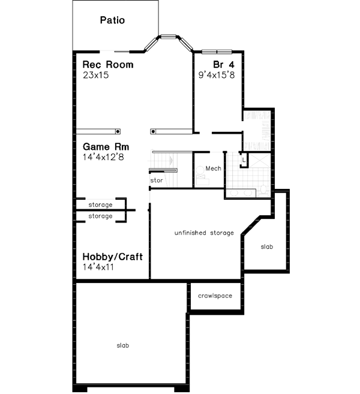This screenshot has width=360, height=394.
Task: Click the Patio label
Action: click(112, 20)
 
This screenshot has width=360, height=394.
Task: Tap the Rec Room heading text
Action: click(107, 65)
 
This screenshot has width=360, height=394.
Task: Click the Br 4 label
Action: click(222, 65)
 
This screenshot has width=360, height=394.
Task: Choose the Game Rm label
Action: click(106, 146)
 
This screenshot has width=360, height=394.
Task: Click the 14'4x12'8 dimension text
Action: click(106, 157)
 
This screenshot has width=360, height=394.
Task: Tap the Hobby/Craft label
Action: click(113, 257)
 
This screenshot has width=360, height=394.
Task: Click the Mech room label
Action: click(214, 169)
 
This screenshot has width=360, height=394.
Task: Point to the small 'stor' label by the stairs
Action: click(157, 179)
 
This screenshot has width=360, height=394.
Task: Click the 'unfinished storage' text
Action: click(204, 233)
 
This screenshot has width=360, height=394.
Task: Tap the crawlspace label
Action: click(215, 296)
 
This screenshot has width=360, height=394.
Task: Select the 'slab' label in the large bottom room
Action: click(122, 345)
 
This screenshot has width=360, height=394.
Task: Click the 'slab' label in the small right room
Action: click(266, 246)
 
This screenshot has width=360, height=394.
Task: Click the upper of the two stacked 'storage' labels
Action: click(100, 205)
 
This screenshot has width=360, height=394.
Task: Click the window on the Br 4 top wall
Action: click(215, 51)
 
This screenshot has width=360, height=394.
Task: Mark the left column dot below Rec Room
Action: click(118, 131)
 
